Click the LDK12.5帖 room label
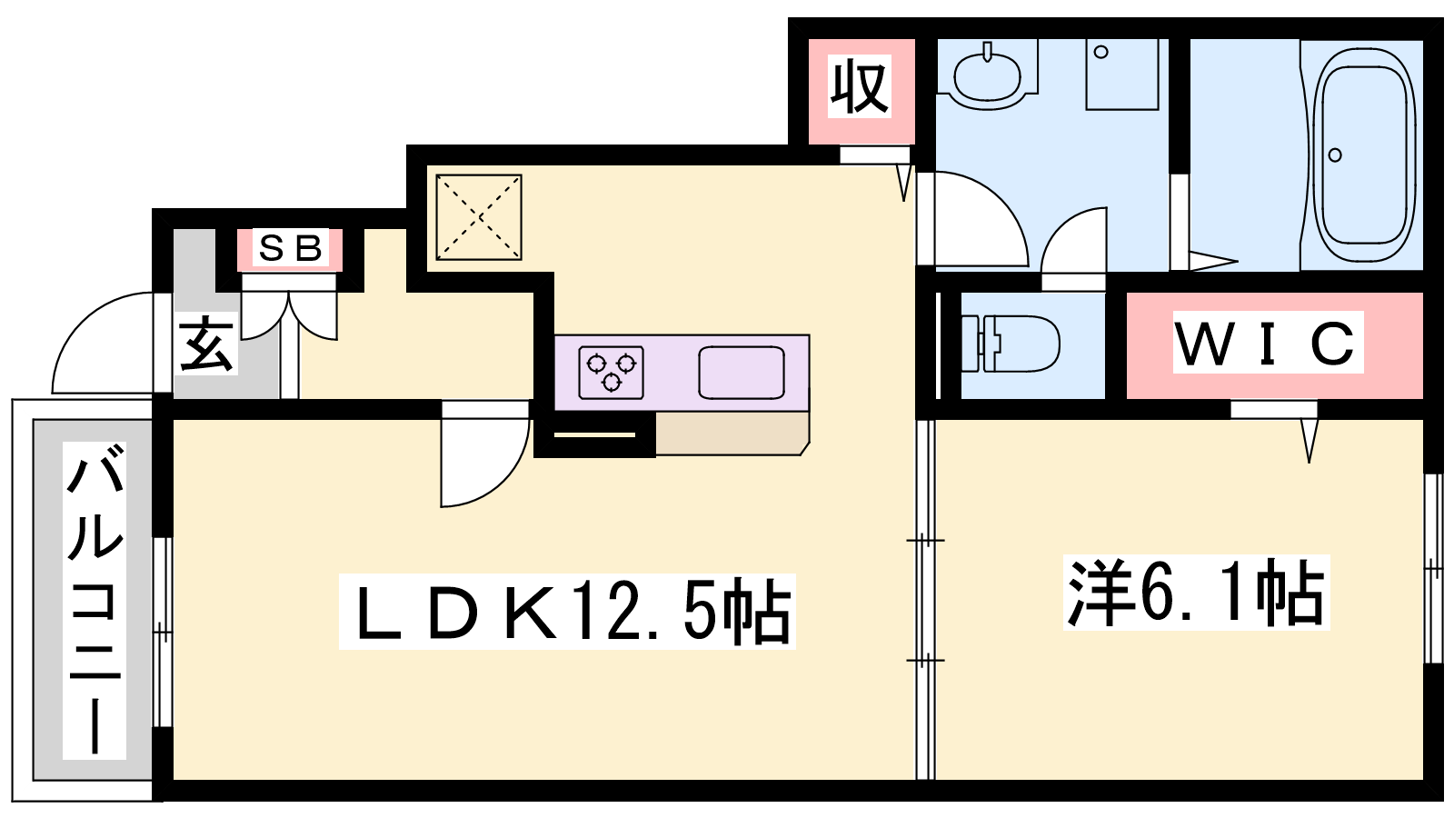click(x=567, y=611)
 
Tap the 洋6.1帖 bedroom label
click(x=1196, y=592)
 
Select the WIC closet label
click(x=1268, y=342)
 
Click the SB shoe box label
click(x=290, y=248)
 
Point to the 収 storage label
click(x=859, y=86)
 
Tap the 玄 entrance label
click(x=205, y=344)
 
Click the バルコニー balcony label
click(x=95, y=601)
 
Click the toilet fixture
click(x=1010, y=344)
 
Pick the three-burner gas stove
click(x=611, y=372)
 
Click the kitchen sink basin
click(x=742, y=372)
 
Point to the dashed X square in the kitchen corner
click(x=479, y=217)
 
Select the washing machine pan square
click(x=1122, y=75)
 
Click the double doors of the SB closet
click(x=289, y=314)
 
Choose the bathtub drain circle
click(x=1335, y=155)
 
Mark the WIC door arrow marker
click(x=1310, y=441)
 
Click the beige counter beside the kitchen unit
click(x=732, y=433)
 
